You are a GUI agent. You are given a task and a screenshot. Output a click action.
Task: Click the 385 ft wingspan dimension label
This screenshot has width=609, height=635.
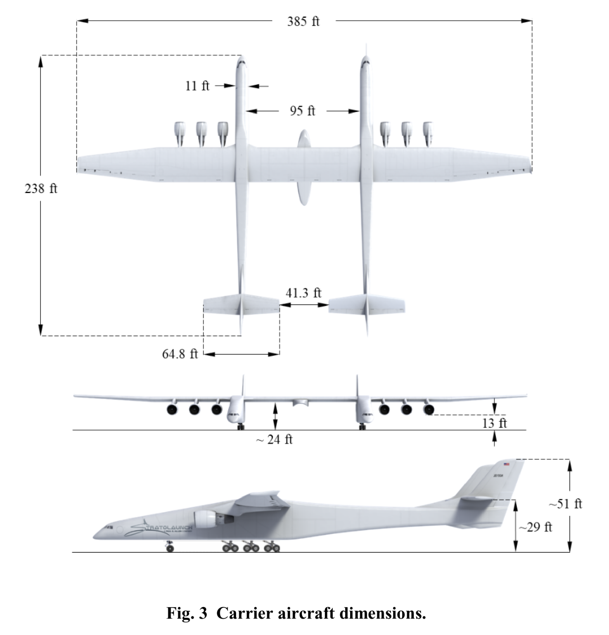tap(303, 21)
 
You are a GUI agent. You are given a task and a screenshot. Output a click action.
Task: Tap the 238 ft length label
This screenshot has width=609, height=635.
tap(41, 189)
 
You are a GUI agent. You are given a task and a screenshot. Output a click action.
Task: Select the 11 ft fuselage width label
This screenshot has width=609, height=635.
tap(197, 86)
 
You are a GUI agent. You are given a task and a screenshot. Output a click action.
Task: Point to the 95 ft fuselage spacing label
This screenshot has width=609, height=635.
tap(302, 111)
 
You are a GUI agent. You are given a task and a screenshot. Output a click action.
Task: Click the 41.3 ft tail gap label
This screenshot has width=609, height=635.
tap(303, 293)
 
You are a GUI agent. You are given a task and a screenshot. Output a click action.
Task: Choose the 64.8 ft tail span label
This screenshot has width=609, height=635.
tap(180, 354)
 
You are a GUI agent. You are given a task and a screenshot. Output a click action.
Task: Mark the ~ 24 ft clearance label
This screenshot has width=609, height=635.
tap(274, 439)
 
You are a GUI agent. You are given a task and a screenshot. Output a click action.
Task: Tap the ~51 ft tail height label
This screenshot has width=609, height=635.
tap(565, 504)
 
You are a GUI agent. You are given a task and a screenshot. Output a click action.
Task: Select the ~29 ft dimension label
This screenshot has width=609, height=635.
tap(535, 527)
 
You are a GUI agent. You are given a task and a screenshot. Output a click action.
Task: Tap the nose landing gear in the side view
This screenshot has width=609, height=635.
tap(169, 547)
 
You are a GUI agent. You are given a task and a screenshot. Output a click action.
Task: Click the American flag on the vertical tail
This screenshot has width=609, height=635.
tap(506, 464)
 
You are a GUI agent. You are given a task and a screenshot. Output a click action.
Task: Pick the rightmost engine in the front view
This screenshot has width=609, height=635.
tap(429, 410)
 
